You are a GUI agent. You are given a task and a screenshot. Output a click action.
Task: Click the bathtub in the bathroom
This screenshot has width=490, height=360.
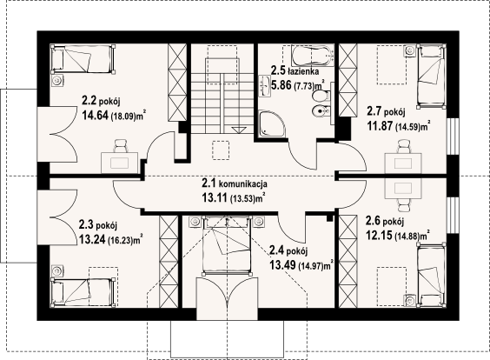[313, 56]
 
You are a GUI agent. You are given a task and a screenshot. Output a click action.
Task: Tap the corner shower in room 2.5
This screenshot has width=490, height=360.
[272, 123]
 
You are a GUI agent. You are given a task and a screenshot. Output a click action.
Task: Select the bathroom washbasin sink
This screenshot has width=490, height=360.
[266, 85]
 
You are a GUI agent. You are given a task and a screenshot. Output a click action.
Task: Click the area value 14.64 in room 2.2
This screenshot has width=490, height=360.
[96, 116]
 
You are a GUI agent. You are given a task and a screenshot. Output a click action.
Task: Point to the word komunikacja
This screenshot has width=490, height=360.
[242, 183]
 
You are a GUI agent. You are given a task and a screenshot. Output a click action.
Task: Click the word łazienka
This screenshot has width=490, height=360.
[303, 71]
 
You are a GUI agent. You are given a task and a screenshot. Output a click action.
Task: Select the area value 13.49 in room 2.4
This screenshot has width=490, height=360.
[282, 265]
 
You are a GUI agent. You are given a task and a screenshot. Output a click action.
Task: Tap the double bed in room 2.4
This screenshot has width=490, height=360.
[227, 245]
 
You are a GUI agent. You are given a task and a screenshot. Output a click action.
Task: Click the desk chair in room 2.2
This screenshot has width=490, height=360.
[120, 146]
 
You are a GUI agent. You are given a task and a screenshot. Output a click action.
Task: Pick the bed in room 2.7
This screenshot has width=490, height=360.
[431, 77]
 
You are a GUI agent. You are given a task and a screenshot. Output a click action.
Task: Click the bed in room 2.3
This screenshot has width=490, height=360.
[83, 291]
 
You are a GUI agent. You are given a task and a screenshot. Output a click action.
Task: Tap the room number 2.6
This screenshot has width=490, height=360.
[373, 221]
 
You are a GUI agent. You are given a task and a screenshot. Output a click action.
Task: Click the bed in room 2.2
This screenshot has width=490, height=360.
[83, 59]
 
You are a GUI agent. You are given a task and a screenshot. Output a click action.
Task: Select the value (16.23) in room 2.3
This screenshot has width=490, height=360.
[120, 240]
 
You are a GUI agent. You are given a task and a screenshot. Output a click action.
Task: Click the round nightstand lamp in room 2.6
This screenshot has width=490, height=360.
[409, 300]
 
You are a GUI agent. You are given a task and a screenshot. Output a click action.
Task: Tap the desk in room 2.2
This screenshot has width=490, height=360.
[119, 163]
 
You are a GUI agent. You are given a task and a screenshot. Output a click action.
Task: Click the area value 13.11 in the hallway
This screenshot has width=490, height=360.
[215, 197]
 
